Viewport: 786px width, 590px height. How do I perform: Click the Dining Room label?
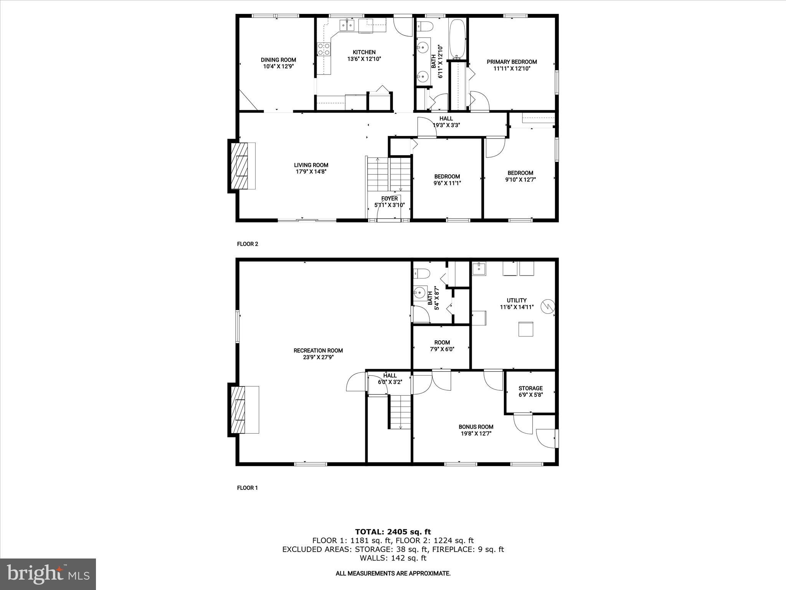point(278,60)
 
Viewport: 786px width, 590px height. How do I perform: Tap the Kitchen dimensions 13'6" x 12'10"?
point(364,59)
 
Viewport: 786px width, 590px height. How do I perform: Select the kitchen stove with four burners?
point(324,50)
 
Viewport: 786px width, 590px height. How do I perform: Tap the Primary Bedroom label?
point(512,62)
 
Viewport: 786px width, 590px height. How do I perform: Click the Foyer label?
point(389,199)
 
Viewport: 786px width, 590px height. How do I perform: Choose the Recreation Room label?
point(318,350)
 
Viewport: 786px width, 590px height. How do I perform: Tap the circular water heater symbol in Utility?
point(548,307)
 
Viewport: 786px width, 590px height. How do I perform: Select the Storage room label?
point(530,388)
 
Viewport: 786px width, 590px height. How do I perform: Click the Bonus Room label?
point(476,427)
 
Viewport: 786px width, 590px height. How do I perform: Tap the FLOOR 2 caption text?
point(248,244)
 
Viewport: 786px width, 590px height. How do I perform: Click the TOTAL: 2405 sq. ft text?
point(393,532)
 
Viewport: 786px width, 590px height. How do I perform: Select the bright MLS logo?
point(48,574)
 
